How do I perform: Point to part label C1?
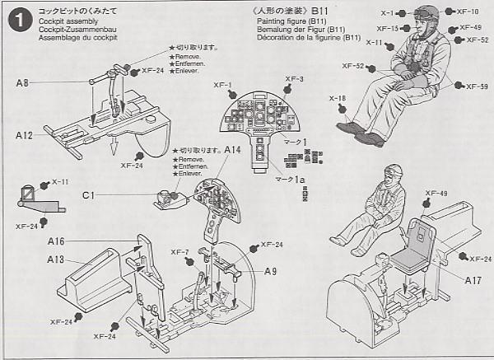(88, 196)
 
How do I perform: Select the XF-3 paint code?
(294, 79)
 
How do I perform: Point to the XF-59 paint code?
(477, 86)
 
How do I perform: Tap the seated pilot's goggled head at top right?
(426, 17)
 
